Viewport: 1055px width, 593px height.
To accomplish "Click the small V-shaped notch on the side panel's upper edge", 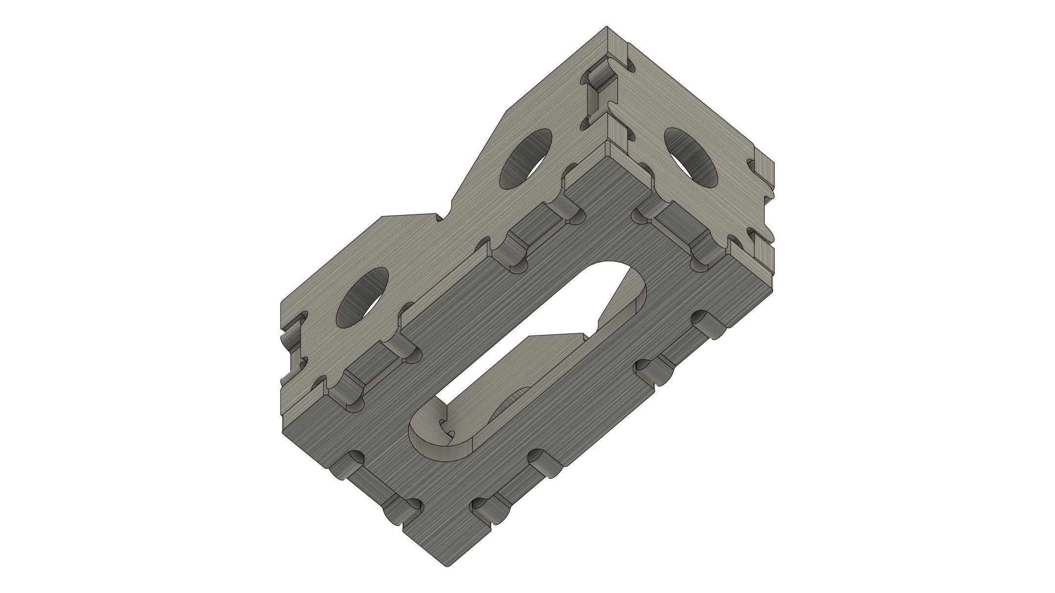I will pos(443,217).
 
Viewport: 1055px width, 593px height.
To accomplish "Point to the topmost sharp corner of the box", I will pos(606,27).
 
